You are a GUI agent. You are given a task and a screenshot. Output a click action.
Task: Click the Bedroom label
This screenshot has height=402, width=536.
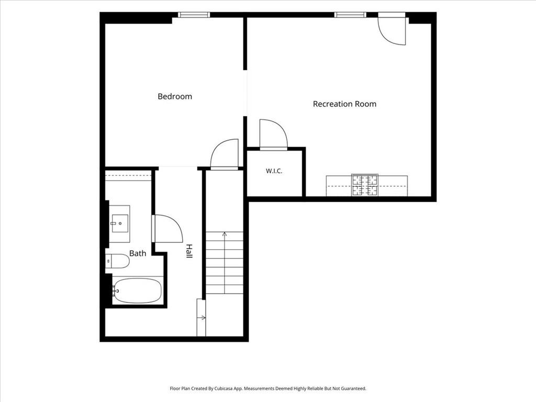point(175,96)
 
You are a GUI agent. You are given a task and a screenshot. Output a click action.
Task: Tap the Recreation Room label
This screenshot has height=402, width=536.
point(344,104)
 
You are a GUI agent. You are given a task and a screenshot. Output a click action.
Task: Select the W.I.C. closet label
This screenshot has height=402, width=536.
point(274,171)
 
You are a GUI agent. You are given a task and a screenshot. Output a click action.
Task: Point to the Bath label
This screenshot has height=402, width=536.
point(138,253)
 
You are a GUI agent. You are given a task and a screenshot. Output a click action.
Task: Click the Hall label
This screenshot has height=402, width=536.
point(189,251)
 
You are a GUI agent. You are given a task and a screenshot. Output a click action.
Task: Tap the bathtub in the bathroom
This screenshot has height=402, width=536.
point(137,291)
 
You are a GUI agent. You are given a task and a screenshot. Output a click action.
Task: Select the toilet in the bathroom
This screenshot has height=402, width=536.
point(117,261)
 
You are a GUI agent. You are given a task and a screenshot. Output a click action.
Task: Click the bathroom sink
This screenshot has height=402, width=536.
point(120,224)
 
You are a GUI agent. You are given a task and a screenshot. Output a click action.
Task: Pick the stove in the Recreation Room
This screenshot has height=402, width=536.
point(365,185)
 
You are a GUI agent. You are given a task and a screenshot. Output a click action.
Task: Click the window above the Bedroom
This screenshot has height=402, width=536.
point(194,15)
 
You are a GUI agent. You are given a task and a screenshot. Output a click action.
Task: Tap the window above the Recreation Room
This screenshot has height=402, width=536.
point(350,15)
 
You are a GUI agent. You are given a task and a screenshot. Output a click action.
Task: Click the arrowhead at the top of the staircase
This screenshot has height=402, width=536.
point(225,234)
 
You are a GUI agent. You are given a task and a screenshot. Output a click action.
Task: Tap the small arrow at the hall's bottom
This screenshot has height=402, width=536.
point(202,318)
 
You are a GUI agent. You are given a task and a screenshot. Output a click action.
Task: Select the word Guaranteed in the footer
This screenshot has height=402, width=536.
point(355,389)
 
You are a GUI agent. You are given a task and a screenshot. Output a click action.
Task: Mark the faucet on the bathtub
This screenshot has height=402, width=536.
point(115,291)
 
